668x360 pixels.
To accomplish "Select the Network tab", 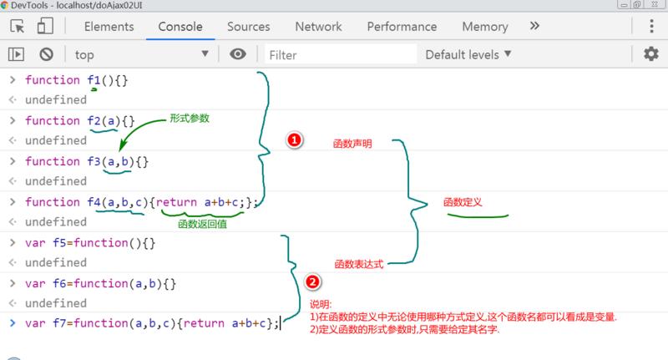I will [318, 27].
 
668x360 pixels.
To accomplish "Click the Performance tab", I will [402, 27].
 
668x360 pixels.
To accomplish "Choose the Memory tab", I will [484, 27].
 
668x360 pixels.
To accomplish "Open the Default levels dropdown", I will [468, 54].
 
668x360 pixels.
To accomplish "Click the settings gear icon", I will [650, 54].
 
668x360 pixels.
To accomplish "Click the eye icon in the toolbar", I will [239, 54].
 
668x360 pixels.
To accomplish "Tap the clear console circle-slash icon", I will [47, 54].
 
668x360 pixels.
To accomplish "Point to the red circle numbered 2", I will [312, 282].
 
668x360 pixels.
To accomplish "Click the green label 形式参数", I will [189, 119].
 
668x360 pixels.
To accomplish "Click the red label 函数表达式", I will [358, 263].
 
